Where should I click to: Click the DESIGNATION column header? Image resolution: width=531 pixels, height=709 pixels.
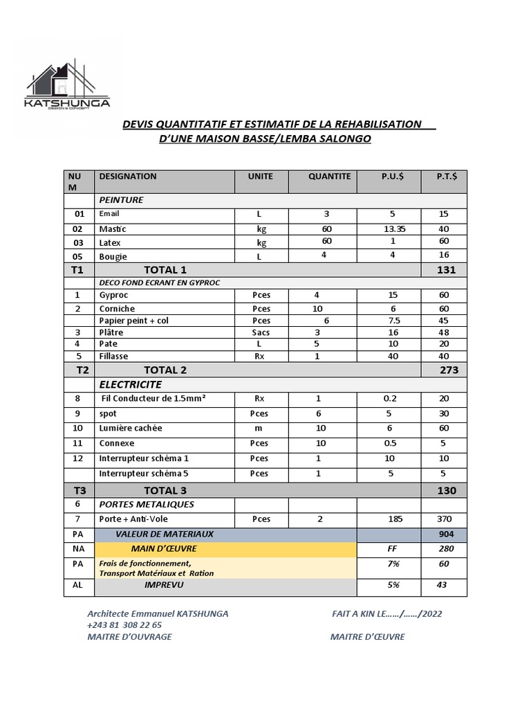click(x=128, y=177)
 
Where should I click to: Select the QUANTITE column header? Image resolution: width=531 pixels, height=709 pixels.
click(x=329, y=177)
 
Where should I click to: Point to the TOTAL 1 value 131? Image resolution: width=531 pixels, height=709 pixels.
click(x=447, y=269)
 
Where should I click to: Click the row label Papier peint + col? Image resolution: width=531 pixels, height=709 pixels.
click(x=133, y=321)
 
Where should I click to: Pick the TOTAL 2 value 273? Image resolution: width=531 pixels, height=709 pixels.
click(x=449, y=370)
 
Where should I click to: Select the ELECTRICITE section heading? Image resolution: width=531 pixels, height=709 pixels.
click(x=131, y=384)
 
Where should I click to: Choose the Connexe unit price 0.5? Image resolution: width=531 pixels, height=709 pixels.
click(x=390, y=443)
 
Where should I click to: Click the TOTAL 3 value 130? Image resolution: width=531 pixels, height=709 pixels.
click(x=447, y=490)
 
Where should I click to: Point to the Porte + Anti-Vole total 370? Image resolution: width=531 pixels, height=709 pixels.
click(x=443, y=519)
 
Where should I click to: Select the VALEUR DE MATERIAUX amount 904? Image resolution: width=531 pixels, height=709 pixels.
click(x=447, y=534)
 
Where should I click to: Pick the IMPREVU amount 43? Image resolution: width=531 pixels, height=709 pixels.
click(x=442, y=585)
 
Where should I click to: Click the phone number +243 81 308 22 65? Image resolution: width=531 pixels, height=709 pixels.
click(x=124, y=625)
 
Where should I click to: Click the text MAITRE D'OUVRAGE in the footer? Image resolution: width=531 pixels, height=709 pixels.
click(x=129, y=637)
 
